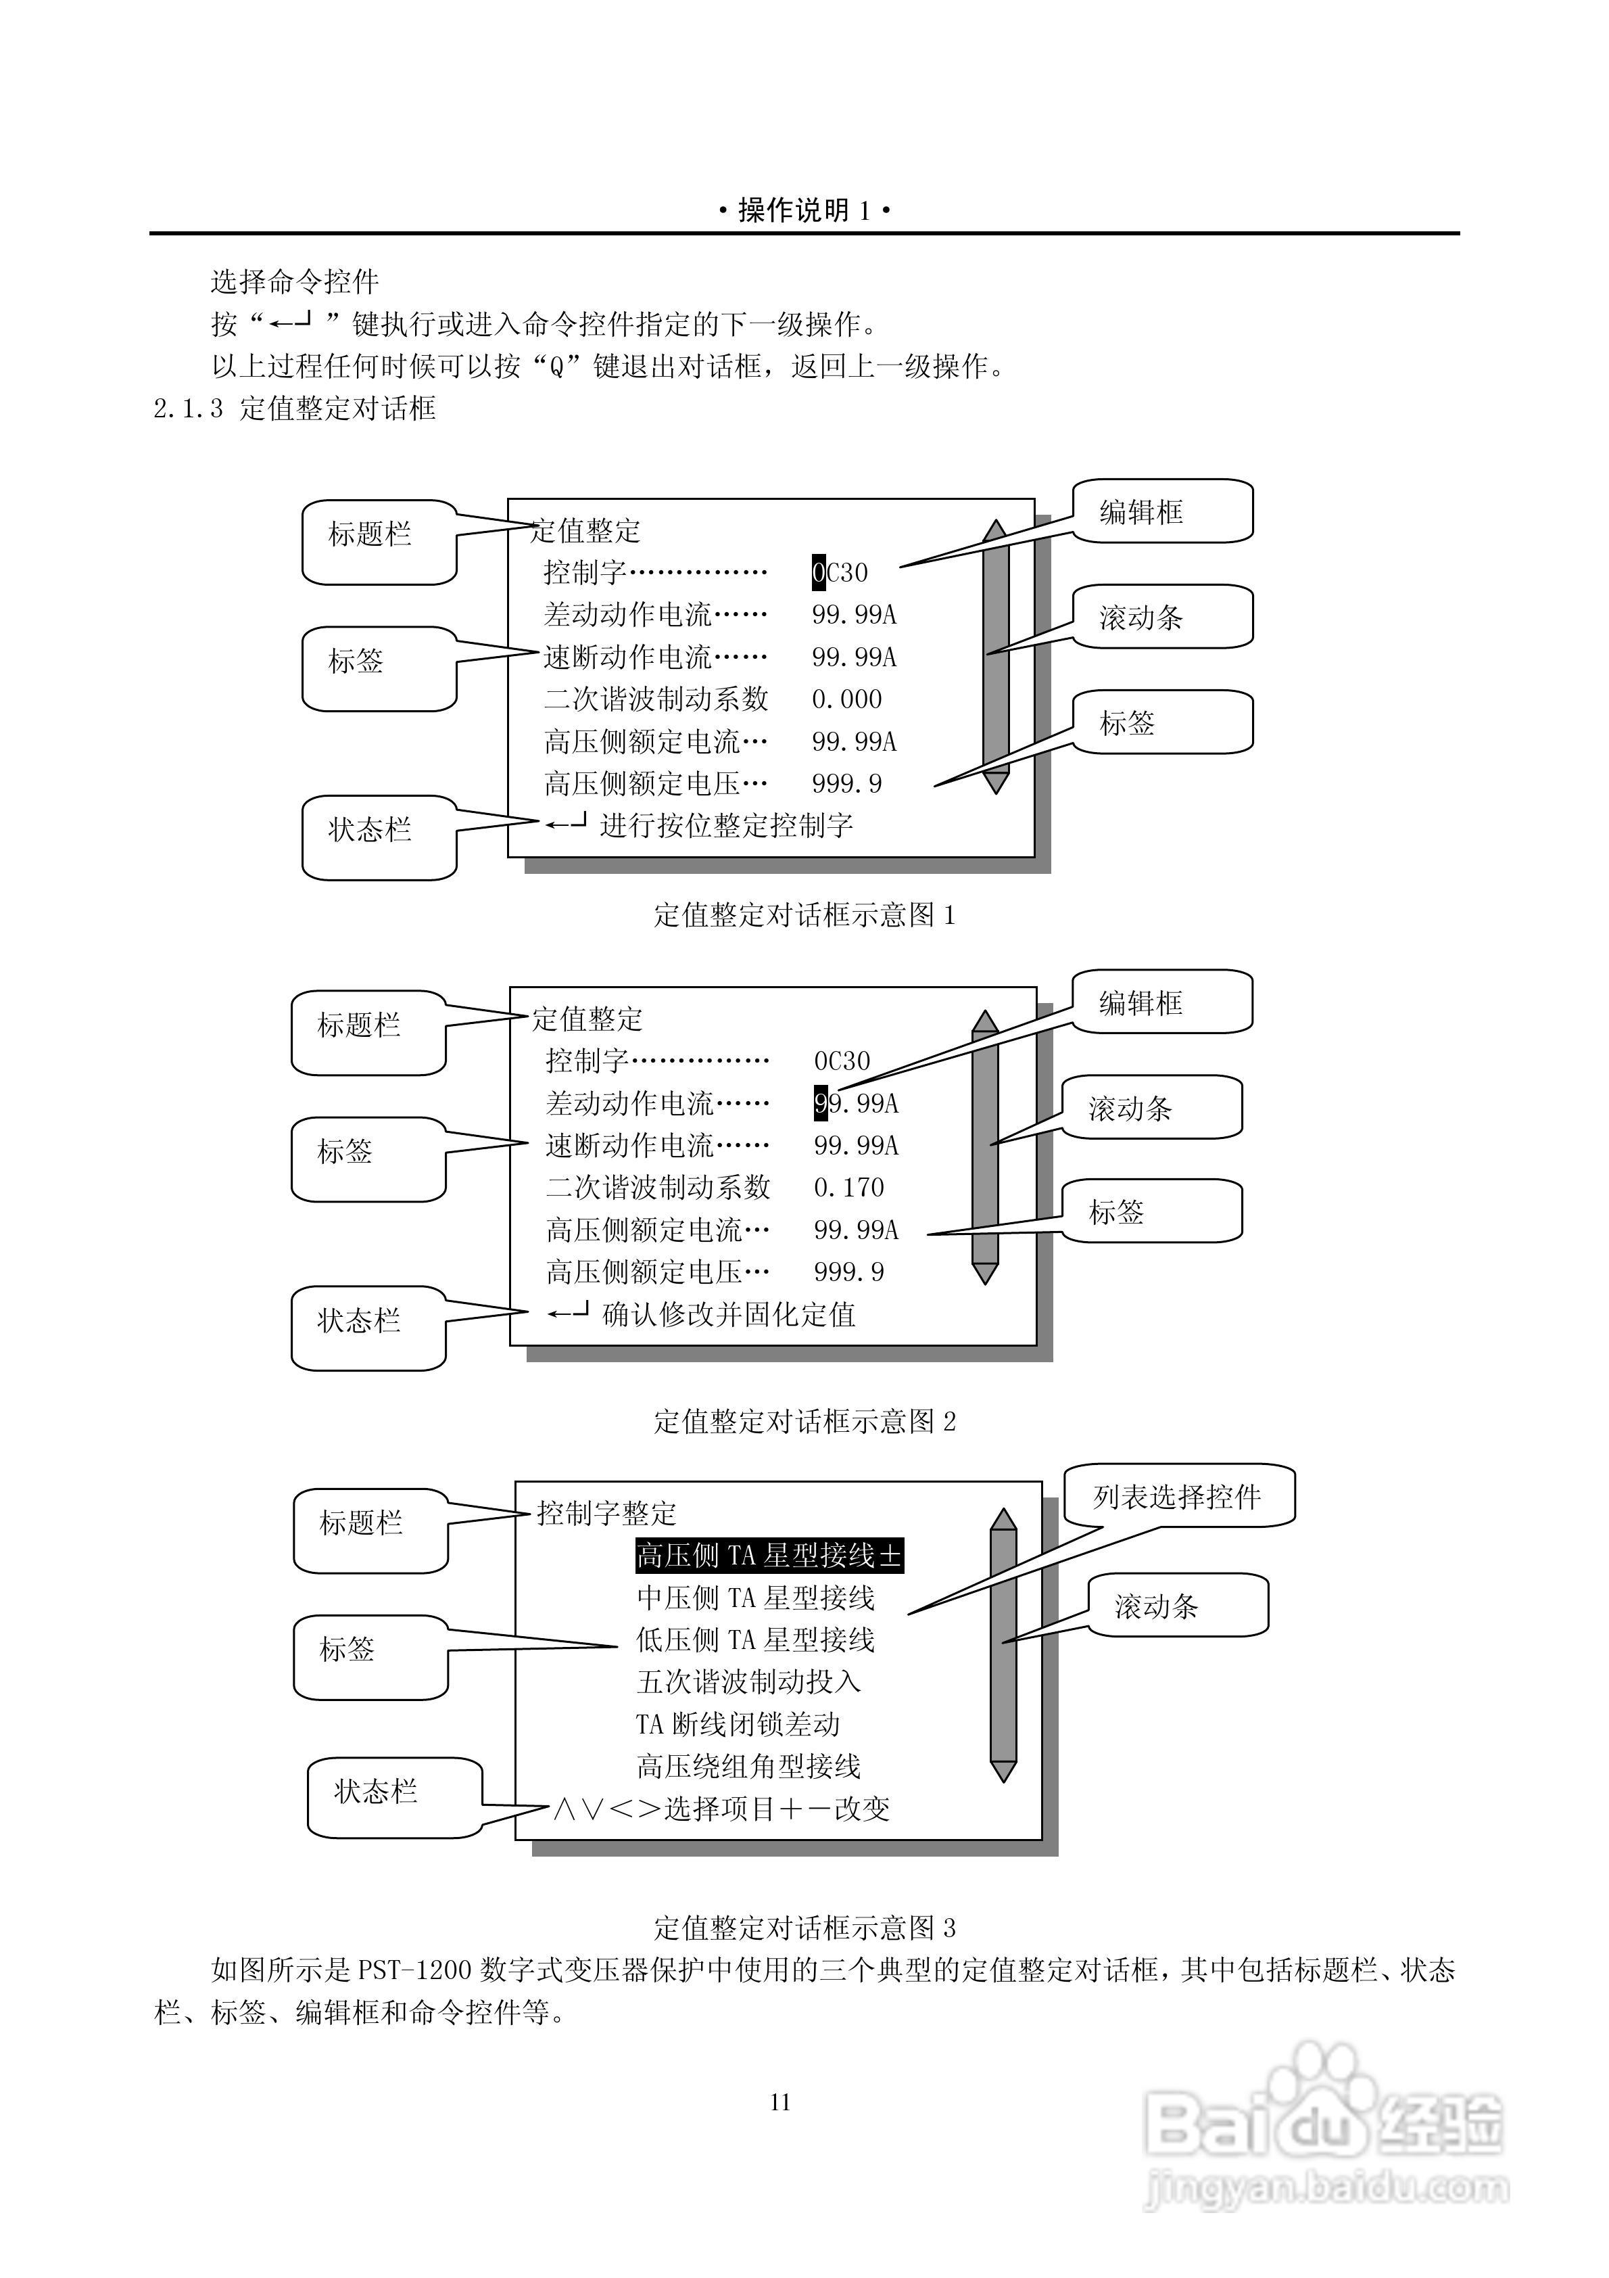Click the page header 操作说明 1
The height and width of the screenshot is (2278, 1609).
(804, 210)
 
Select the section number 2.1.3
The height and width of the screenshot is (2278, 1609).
(187, 409)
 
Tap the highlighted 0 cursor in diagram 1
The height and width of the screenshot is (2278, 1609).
(819, 572)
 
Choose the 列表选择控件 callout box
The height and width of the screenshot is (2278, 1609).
(1178, 1496)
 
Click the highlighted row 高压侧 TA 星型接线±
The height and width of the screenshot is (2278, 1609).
(769, 1556)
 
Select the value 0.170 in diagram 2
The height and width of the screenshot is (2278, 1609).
(848, 1188)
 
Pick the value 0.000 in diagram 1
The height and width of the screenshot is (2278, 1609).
(846, 699)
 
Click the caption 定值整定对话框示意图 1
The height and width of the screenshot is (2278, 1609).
(804, 914)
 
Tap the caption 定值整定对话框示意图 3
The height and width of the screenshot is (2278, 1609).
(804, 1928)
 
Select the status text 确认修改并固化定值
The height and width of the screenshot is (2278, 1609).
(729, 1315)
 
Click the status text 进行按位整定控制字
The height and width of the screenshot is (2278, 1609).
(726, 825)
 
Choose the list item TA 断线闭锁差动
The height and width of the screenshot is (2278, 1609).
(738, 1724)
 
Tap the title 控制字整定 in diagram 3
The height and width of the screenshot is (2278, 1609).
(606, 1513)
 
